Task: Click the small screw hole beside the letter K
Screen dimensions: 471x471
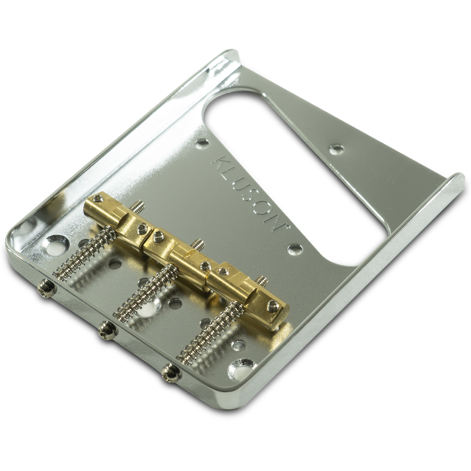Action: [202, 142]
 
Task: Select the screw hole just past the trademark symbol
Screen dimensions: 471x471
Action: [295, 249]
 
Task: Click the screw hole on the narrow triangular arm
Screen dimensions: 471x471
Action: [336, 149]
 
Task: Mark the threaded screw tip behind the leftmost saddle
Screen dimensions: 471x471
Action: [137, 205]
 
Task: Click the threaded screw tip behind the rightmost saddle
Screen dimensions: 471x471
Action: [262, 281]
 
